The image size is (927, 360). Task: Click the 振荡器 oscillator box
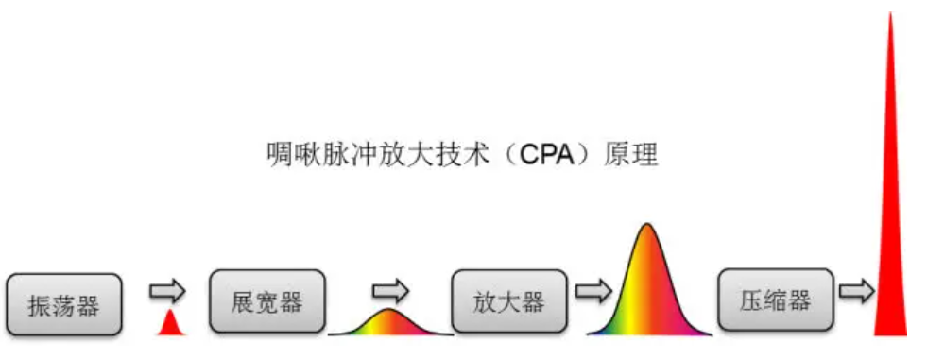coord(64,304)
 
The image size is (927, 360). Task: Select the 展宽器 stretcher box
coord(267,300)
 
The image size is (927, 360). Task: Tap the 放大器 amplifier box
coord(509,300)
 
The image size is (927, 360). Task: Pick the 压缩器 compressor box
coord(776,300)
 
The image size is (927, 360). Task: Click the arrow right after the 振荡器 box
coord(167,291)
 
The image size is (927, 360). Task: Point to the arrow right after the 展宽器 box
coord(391,290)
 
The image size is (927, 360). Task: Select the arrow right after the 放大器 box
coord(594,290)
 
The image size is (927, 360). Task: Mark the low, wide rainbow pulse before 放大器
coord(390,323)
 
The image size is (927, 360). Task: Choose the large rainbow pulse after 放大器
coord(648,283)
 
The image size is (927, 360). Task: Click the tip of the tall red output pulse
coord(890,12)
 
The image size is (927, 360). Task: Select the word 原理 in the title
coord(631,156)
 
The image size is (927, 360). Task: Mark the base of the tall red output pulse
coord(890,335)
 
